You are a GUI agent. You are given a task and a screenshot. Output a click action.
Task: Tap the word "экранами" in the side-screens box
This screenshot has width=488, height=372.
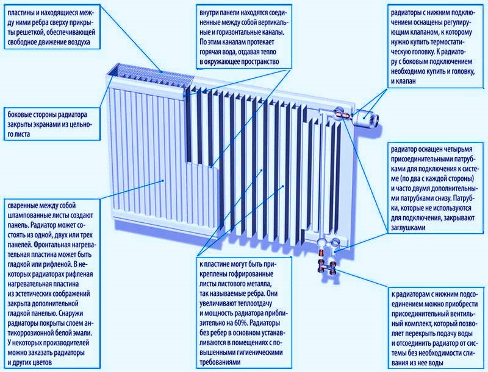[45, 125]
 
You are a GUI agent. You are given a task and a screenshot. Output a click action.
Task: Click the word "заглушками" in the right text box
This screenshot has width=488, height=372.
[408, 228]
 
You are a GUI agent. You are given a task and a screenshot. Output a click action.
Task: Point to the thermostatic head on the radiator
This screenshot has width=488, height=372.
[367, 118]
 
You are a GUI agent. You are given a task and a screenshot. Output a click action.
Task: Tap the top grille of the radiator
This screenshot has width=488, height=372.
[149, 74]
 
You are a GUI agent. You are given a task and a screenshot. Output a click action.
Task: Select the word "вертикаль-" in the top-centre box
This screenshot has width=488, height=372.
[272, 23]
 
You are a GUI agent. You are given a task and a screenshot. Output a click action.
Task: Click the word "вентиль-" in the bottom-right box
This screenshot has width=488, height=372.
[462, 314]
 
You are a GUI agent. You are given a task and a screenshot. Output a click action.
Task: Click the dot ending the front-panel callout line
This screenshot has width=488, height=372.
[162, 180]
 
